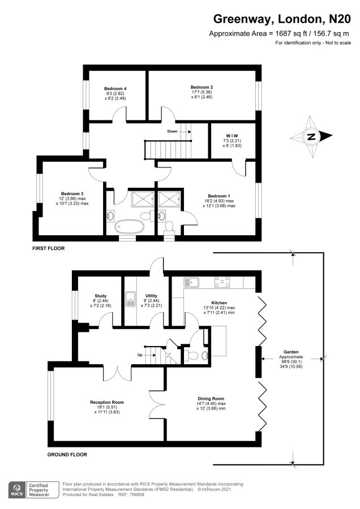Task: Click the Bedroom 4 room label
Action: [115, 89]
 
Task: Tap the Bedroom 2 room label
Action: [202, 87]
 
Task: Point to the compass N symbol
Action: [311, 137]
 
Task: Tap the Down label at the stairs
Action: [172, 131]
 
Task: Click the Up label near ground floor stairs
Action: [140, 355]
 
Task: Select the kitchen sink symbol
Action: [191, 282]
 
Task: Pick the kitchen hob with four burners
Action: [222, 282]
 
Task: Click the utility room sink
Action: [130, 300]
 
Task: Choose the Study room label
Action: [100, 296]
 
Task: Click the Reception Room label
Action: [107, 402]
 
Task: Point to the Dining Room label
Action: [211, 399]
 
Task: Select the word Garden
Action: [291, 352]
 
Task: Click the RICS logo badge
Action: [18, 490]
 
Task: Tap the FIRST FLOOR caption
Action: [49, 248]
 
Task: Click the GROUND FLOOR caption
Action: [67, 455]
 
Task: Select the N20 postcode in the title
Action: [340, 19]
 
